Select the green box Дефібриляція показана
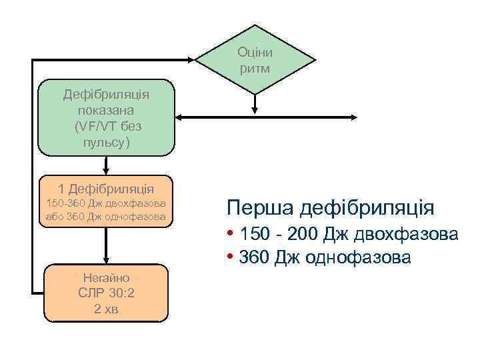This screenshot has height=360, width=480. pos(106,118)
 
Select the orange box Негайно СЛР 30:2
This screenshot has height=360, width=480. pos(106,293)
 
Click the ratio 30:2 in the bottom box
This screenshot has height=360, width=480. pos(123,293)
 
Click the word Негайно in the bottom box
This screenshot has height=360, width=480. pos(106,278)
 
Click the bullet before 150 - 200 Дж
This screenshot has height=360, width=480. pos(229,235)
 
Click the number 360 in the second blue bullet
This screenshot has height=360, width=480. pos(255,257)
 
